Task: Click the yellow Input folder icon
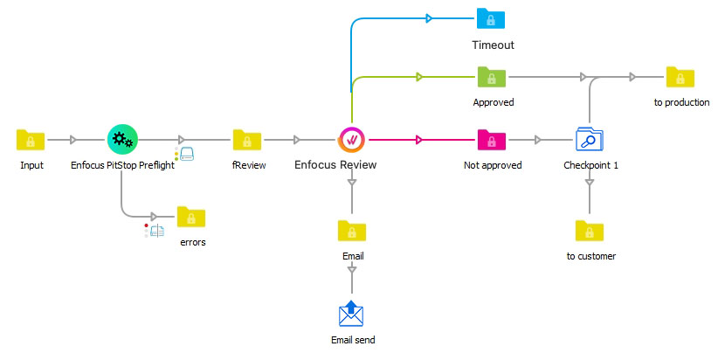coord(31,139)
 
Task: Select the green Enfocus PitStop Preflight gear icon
coord(122,139)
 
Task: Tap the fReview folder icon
coord(247,139)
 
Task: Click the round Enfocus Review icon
coord(352,139)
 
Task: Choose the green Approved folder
coord(492,77)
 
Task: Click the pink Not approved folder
coord(492,139)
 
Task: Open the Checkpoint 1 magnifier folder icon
coord(590,139)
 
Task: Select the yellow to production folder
coord(680,77)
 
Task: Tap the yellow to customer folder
coord(590,231)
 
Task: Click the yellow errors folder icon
coord(191,217)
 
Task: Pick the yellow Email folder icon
coord(352,231)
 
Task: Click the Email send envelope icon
coord(352,314)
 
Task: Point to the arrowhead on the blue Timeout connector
coord(428,17)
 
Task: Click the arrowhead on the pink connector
coord(420,139)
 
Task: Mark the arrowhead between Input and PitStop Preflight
coord(73,139)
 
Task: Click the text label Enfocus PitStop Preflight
coord(122,166)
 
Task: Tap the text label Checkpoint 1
coord(590,166)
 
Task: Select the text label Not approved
coord(492,166)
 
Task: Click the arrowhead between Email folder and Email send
coord(352,272)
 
